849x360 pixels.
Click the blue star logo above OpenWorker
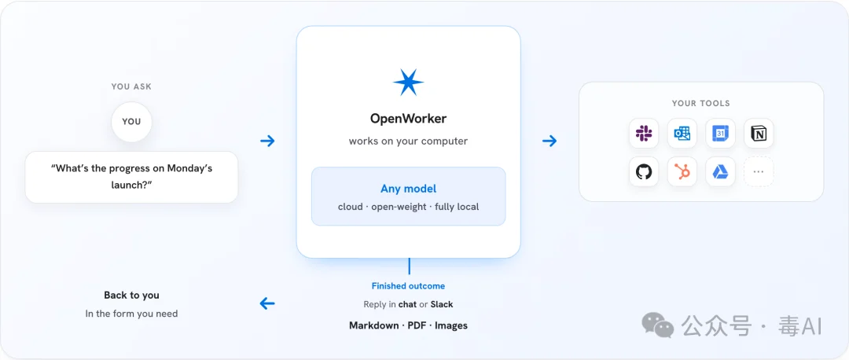click(408, 83)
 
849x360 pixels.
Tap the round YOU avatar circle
click(131, 121)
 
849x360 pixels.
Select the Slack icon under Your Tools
click(644, 133)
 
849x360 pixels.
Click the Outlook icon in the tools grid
click(682, 133)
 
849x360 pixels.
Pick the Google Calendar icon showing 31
click(720, 133)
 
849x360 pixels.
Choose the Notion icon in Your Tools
click(759, 133)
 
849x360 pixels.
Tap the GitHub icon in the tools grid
click(644, 171)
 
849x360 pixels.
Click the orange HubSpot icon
click(682, 171)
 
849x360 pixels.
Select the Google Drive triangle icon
click(720, 171)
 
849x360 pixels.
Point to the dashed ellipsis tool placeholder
click(759, 171)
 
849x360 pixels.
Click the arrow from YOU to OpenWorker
click(267, 141)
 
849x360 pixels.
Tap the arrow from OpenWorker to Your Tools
click(549, 141)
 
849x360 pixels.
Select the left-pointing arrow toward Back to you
click(267, 303)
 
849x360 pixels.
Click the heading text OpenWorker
click(408, 118)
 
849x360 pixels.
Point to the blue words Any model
click(408, 189)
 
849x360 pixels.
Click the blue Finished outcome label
click(408, 286)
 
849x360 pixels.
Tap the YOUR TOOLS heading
click(700, 103)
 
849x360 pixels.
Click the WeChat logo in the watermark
click(658, 326)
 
